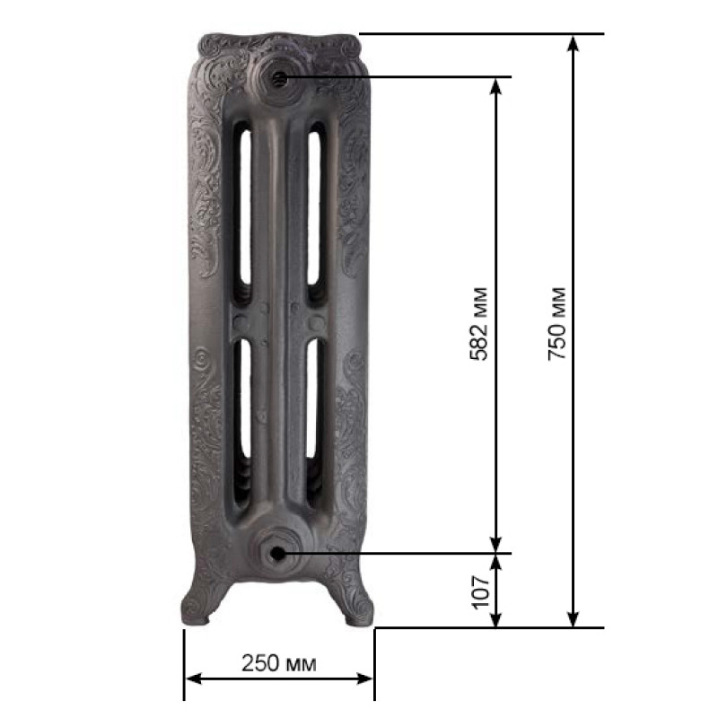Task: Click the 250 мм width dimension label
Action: point(279,663)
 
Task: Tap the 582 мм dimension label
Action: point(479,324)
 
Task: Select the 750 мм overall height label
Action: point(556,324)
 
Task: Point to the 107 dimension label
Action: point(481,592)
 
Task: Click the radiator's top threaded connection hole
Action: point(279,79)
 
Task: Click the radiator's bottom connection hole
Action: point(277,554)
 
